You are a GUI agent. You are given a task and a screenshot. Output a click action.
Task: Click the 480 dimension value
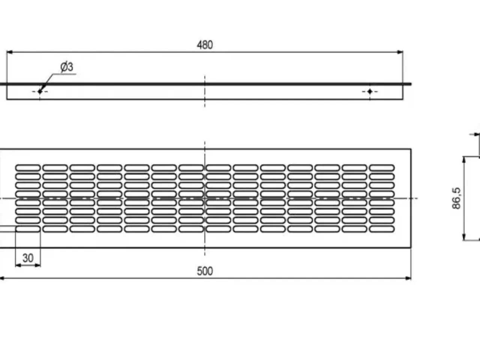tap(205, 45)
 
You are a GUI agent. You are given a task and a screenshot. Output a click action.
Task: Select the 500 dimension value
tap(205, 271)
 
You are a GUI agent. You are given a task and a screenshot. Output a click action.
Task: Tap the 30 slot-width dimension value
tap(28, 258)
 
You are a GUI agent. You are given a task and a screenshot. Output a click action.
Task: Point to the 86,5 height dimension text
tap(456, 198)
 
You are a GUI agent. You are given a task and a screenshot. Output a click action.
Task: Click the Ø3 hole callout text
tap(67, 67)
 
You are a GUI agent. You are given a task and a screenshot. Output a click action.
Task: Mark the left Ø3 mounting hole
tap(40, 91)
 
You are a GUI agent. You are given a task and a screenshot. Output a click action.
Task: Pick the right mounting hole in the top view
tap(370, 91)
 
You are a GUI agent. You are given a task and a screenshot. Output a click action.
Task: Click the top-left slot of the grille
tap(28, 168)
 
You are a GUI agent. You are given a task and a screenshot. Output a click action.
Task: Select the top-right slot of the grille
tap(382, 168)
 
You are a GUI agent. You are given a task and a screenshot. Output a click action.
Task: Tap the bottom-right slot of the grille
tap(382, 229)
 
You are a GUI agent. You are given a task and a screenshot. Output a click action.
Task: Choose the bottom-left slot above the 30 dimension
tap(28, 229)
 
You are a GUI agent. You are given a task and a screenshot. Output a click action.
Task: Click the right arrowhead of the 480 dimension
tap(400, 52)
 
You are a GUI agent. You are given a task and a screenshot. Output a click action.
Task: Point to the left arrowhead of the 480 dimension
tap(10, 52)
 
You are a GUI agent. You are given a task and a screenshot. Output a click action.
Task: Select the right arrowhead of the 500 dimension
tap(408, 278)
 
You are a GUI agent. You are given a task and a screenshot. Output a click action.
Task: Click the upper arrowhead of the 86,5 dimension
tap(464, 160)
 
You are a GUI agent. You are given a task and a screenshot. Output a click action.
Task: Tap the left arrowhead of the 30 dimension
tap(18, 265)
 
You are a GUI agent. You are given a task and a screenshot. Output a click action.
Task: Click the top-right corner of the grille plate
tap(411, 149)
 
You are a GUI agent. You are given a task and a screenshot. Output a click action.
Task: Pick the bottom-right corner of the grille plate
tap(411, 247)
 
